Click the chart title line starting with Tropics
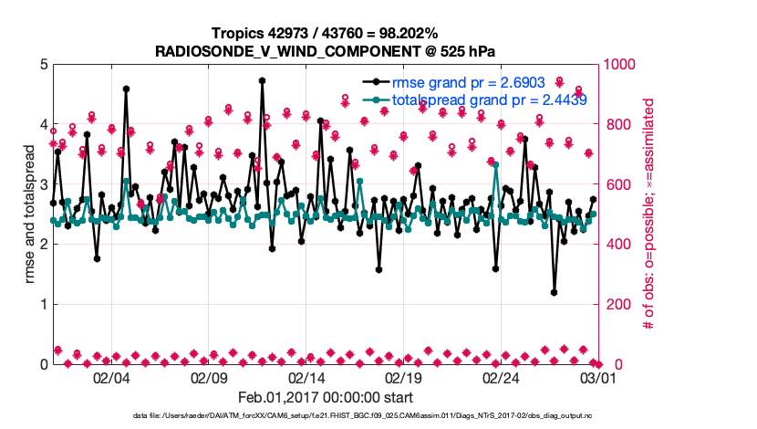pos(326,33)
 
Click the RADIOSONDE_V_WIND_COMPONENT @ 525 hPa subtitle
pos(326,50)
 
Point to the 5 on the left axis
pos(42,65)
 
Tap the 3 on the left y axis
pos(42,184)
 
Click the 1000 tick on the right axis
pos(620,65)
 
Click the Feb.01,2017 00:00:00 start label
pos(326,397)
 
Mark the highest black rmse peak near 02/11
pos(262,80)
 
